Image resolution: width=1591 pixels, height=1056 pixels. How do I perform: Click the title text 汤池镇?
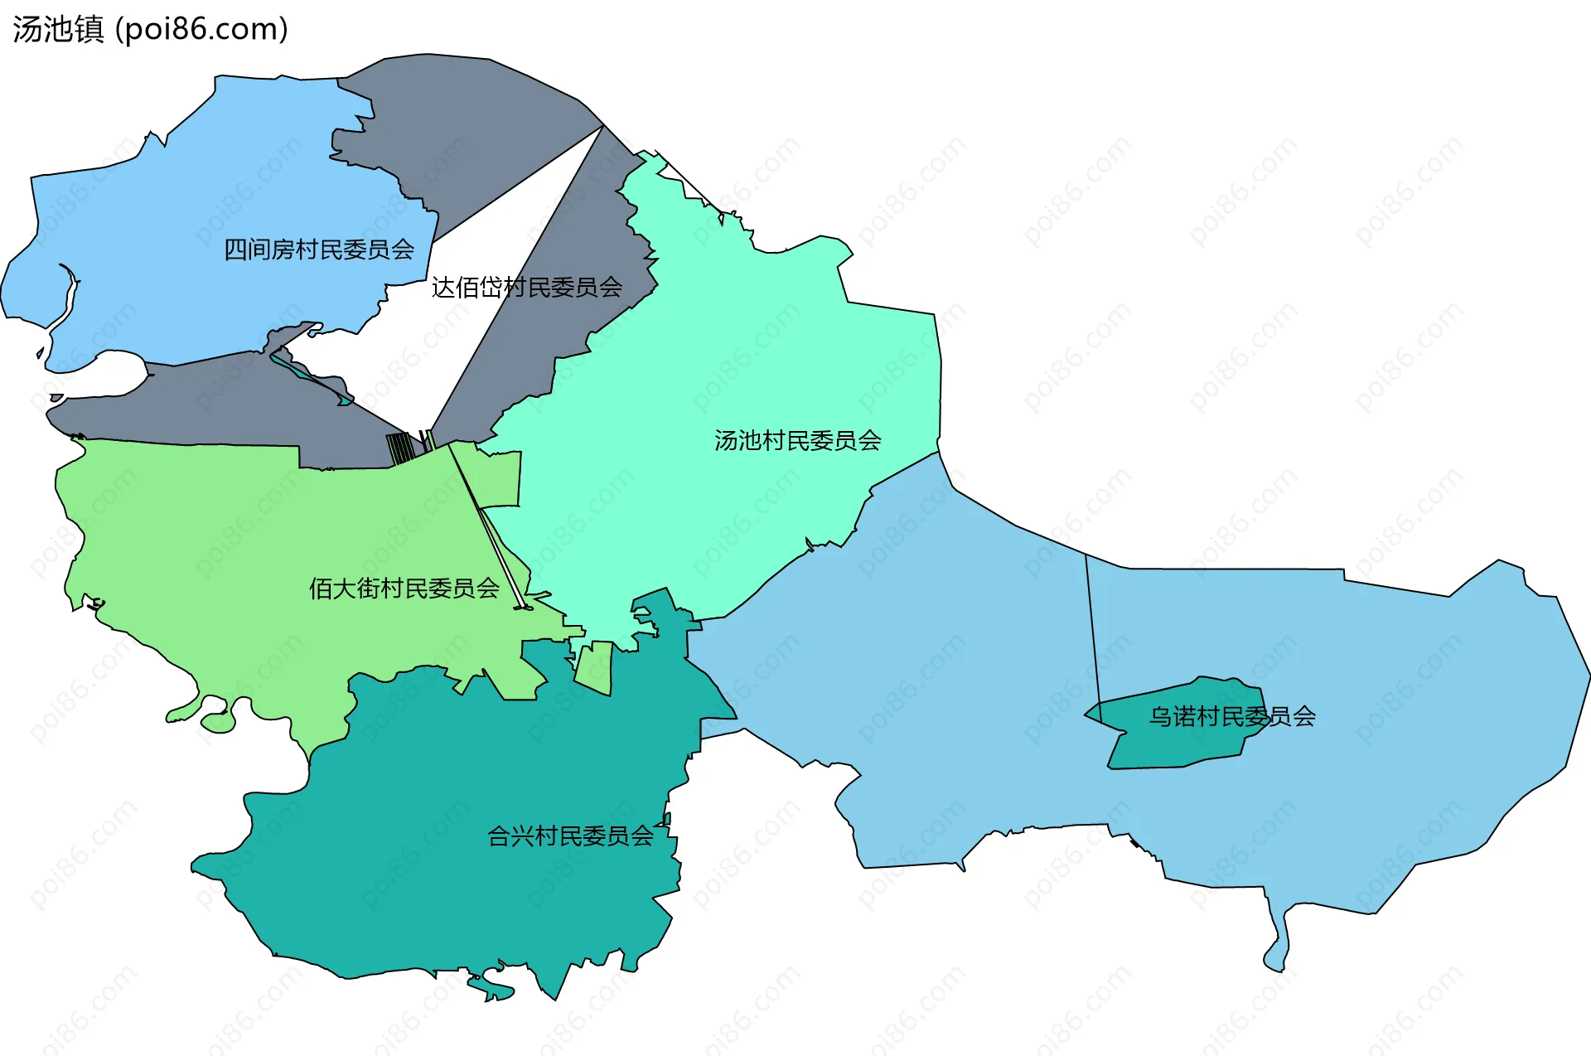tap(58, 30)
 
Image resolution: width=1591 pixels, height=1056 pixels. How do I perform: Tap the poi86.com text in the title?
tap(201, 30)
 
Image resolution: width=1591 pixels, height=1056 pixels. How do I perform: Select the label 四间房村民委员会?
tap(319, 249)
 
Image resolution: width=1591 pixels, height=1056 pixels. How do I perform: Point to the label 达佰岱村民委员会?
tap(527, 288)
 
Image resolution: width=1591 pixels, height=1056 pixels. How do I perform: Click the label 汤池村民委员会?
tap(797, 440)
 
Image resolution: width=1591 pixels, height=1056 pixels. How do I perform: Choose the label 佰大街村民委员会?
tap(404, 589)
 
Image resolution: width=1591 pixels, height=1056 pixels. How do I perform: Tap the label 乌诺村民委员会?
tap(1231, 716)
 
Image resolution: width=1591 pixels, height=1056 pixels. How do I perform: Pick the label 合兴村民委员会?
tap(570, 836)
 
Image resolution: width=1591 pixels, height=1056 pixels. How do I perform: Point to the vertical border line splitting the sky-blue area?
tap(1093, 630)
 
